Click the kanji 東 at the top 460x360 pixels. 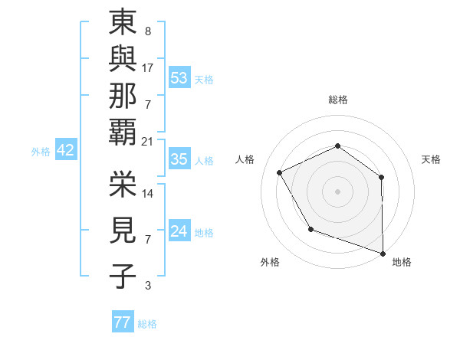[x=123, y=23]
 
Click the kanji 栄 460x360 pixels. [x=123, y=184]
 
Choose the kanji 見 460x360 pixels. [x=123, y=230]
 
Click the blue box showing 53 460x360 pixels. [x=179, y=77]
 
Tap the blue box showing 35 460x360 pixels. [x=179, y=160]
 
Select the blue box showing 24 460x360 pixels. [x=179, y=231]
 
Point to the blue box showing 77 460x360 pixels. [x=122, y=322]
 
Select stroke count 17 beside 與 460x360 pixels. [x=148, y=68]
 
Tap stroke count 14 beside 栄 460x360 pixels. [x=148, y=194]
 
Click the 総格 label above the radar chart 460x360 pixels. [x=338, y=100]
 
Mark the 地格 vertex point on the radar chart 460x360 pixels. [x=383, y=253]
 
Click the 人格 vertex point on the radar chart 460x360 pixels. [x=280, y=173]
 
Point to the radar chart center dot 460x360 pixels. [x=337, y=191]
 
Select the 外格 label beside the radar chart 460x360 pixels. [x=270, y=263]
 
